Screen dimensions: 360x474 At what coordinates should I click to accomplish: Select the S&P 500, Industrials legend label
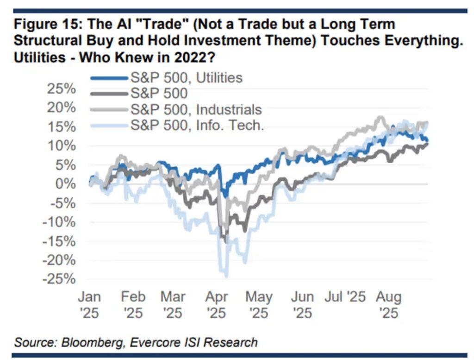(x=196, y=109)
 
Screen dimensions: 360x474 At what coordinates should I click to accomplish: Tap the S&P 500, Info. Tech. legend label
(x=197, y=125)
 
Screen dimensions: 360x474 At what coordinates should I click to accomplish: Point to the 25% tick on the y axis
(x=60, y=88)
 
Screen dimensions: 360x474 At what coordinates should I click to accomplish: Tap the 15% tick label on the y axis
(x=60, y=126)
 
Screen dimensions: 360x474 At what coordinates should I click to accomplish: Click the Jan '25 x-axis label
(x=89, y=304)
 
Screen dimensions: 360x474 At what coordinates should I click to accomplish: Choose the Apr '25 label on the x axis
(x=216, y=304)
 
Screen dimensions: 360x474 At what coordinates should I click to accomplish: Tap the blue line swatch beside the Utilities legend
(x=109, y=78)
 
